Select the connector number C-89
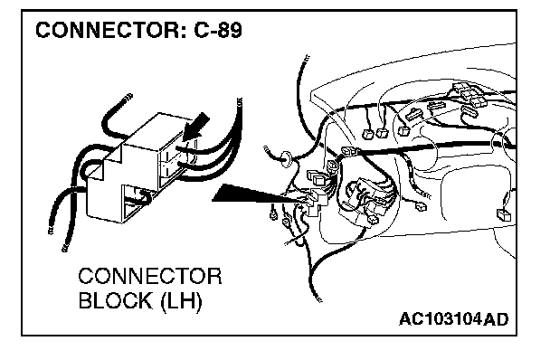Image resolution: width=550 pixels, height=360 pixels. (x=217, y=30)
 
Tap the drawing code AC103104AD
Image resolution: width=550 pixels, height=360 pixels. (x=453, y=319)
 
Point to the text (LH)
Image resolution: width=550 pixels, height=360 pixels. (x=181, y=301)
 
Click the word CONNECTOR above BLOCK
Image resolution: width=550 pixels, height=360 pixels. (x=150, y=276)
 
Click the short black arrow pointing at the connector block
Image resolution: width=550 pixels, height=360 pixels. (x=195, y=128)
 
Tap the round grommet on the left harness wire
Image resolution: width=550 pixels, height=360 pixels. (x=286, y=158)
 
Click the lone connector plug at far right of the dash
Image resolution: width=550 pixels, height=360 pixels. (x=504, y=213)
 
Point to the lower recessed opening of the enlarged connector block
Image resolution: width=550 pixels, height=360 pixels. (x=136, y=204)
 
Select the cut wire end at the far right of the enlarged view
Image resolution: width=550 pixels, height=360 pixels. (x=240, y=101)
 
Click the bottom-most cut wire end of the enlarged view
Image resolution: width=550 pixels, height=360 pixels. (x=65, y=248)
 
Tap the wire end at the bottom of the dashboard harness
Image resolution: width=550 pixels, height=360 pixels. (x=318, y=298)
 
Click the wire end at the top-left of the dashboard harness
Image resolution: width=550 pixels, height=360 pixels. (x=306, y=58)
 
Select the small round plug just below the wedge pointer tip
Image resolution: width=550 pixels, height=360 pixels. (x=273, y=214)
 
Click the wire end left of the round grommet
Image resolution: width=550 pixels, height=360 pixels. (x=267, y=148)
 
